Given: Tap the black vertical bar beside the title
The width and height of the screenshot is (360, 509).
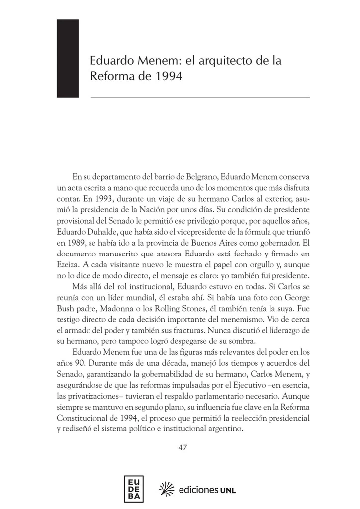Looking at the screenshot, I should (x=68, y=59).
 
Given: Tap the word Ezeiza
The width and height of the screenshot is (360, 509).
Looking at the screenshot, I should (x=67, y=264).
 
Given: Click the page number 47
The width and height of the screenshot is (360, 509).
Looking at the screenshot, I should (x=182, y=448).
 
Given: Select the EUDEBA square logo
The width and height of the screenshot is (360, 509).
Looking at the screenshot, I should (x=134, y=489).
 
